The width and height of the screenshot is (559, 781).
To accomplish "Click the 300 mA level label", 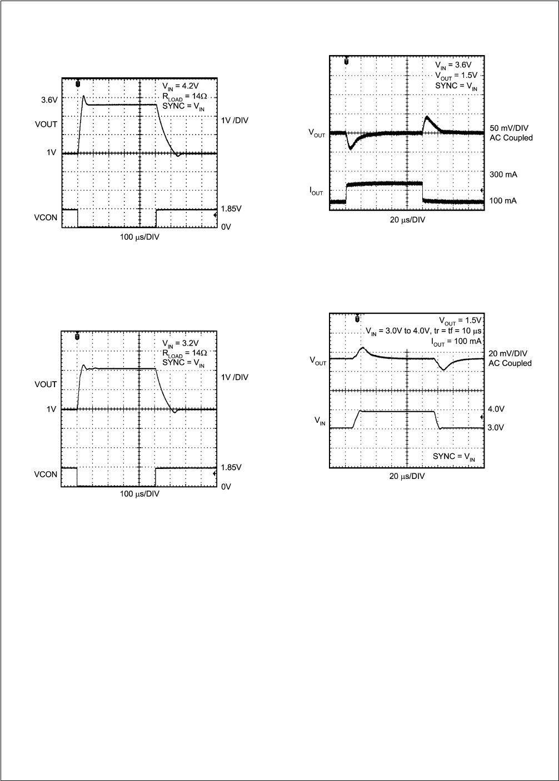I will pos(503,175).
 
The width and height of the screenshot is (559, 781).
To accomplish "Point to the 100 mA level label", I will pos(503,200).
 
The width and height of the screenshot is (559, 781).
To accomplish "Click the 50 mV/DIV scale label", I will pos(509,128).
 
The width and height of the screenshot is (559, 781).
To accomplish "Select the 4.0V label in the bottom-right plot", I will pos(496,409).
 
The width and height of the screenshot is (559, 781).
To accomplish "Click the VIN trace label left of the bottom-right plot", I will pos(320,423).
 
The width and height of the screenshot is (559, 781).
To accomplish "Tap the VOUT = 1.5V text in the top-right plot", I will pos(456,76).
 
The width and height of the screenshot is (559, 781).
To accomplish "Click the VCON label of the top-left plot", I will pos(46,217).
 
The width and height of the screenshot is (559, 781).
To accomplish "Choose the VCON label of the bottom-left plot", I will pos(46,474).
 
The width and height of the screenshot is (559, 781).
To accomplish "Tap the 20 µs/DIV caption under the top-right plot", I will pos(407,220).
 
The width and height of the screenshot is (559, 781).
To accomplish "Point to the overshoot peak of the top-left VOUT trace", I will pos(83,96).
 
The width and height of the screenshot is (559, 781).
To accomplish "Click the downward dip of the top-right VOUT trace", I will pos(351,148).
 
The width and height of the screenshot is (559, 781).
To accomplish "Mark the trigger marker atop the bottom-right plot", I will pos(356,318).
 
